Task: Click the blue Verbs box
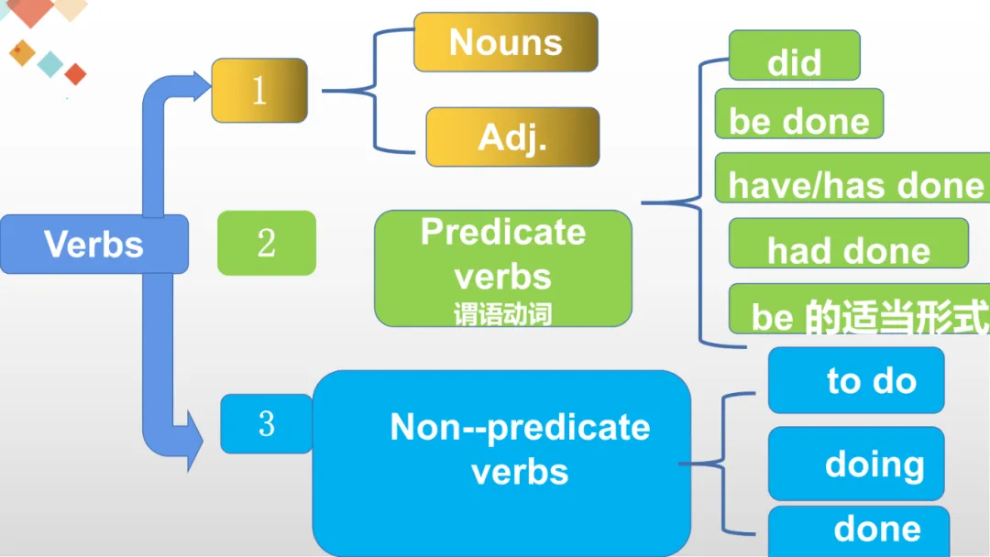[94, 244]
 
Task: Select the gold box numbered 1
[259, 91]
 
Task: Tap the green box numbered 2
[267, 244]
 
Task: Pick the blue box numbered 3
[267, 424]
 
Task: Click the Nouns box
[506, 42]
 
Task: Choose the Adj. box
[512, 137]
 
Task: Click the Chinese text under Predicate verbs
[503, 315]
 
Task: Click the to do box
[856, 380]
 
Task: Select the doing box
[856, 464]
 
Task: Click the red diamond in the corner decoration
[75, 74]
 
